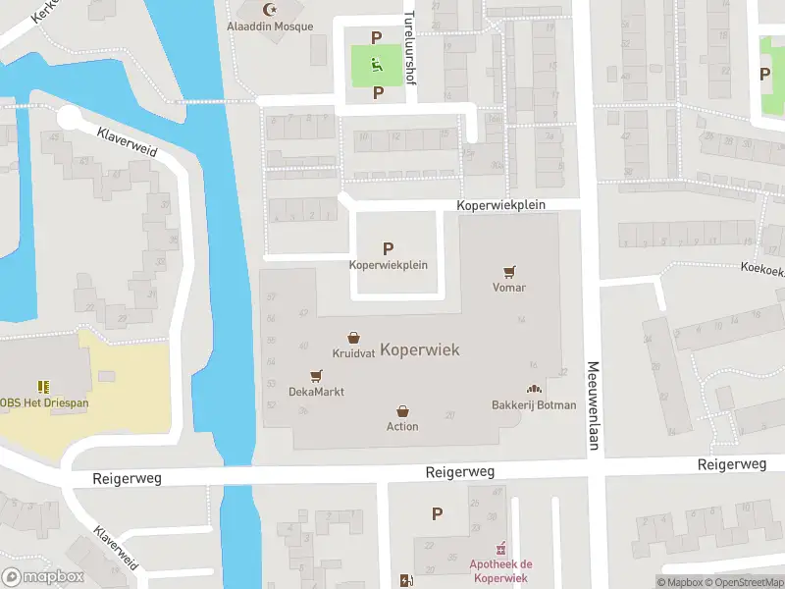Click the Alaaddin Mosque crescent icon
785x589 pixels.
pos(270,9)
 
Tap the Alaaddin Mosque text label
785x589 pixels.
pos(270,27)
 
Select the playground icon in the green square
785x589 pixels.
pos(376,65)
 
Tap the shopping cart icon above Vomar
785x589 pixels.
pos(509,271)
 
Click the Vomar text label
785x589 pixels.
pos(509,288)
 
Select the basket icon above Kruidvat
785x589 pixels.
pos(353,337)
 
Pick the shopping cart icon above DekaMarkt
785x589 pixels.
pos(316,375)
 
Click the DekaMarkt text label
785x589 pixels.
pos(316,392)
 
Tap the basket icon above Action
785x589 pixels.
pos(402,410)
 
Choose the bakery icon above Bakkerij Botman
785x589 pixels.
pos(534,389)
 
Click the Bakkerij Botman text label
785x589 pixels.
pos(534,405)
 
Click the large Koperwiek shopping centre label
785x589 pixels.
pos(419,349)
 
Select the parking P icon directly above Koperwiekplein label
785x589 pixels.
pos(389,249)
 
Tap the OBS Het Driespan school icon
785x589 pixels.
pos(43,387)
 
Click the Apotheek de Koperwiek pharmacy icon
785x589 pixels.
pos(500,548)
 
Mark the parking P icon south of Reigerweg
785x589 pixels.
pos(437,512)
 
